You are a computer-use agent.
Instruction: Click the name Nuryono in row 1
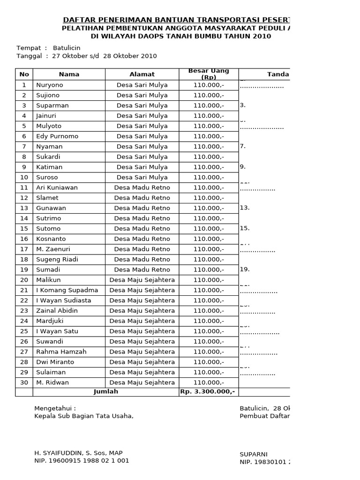pyautogui.click(x=49, y=85)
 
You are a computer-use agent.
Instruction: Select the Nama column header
pyautogui.click(x=69, y=74)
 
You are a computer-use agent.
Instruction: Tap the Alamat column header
pyautogui.click(x=142, y=74)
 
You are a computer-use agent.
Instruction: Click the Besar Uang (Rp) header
pyautogui.click(x=209, y=74)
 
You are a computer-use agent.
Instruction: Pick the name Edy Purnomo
pyautogui.click(x=57, y=136)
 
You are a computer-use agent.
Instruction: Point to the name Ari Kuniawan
pyautogui.click(x=57, y=187)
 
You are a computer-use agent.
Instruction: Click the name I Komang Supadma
pyautogui.click(x=67, y=290)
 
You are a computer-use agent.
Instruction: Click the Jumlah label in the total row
pyautogui.click(x=106, y=391)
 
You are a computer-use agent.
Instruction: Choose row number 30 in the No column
pyautogui.click(x=24, y=382)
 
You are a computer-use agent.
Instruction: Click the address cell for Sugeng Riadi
pyautogui.click(x=142, y=259)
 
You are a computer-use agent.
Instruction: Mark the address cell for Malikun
pyautogui.click(x=142, y=280)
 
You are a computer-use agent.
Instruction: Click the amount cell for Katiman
pyautogui.click(x=209, y=167)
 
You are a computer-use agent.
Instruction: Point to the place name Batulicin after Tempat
pyautogui.click(x=67, y=48)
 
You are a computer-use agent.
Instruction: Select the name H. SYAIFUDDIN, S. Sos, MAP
pyautogui.click(x=78, y=453)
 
